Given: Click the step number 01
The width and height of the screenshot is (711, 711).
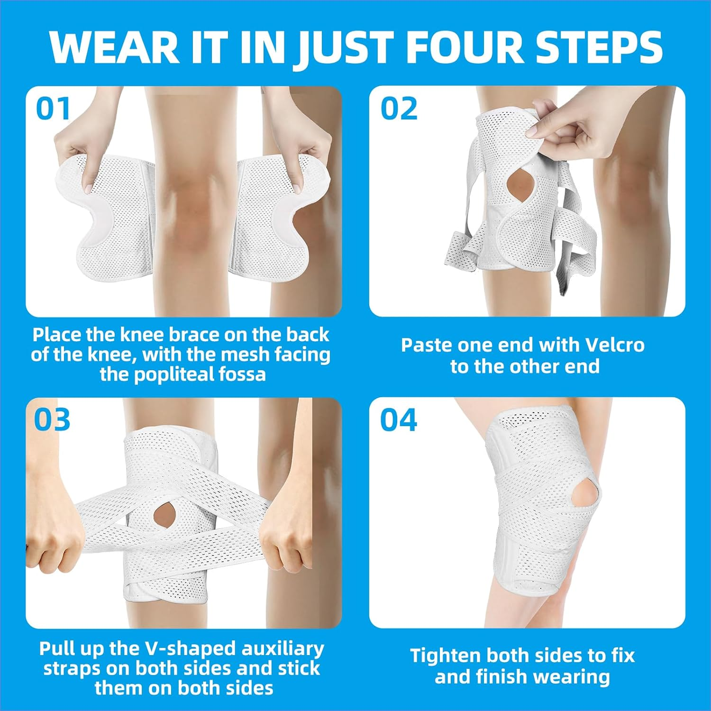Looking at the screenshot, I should pos(53,109).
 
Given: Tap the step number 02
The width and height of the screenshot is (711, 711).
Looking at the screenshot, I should pos(399,109).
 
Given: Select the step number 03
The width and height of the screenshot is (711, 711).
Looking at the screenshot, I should pos(52,420).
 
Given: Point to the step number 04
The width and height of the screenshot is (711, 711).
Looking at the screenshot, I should pos(399,420).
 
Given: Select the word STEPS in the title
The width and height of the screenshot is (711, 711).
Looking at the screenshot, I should pos(599,47).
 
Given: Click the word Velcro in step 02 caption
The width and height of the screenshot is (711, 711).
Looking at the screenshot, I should pos(615,345).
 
